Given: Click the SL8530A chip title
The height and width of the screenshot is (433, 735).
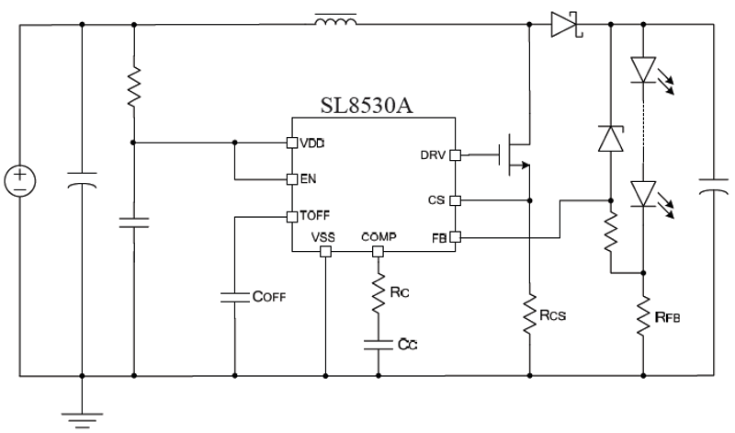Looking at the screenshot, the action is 367,106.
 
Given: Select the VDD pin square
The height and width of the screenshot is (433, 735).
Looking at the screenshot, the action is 292,142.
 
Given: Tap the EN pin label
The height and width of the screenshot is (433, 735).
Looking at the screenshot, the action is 309,178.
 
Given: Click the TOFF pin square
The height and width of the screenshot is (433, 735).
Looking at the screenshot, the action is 292,217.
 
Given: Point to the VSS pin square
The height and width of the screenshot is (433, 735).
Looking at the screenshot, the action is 325,252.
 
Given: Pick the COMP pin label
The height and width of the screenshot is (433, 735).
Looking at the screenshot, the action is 379,237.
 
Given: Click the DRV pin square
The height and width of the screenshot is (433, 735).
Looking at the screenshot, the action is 455,155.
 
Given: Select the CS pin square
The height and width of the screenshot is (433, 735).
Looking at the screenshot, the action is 455,200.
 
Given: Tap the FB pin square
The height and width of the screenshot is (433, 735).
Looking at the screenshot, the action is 455,237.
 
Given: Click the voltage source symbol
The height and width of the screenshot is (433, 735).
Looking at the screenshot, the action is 20,181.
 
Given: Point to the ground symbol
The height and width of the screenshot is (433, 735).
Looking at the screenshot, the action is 82,420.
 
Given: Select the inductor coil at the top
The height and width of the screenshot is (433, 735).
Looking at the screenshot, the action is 335,20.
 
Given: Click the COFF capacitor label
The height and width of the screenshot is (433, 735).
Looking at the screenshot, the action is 269,297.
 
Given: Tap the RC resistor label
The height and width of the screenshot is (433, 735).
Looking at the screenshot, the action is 400,292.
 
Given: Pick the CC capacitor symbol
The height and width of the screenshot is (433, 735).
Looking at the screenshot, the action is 379,345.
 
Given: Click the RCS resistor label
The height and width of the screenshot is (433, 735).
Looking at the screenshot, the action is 553,315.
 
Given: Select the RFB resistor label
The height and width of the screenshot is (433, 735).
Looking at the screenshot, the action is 668,317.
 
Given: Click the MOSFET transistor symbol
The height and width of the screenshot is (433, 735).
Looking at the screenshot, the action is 514,154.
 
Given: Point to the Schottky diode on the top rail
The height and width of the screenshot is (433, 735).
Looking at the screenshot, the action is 566,25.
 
